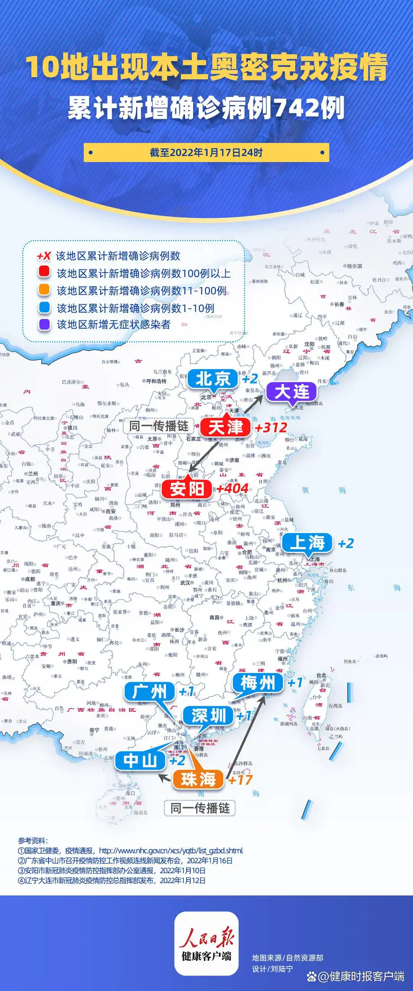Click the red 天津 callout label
pos(226,427)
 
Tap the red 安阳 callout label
pos(187,489)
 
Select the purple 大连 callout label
pos(292,392)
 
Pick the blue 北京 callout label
pos(213,379)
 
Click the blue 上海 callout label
pos(307,543)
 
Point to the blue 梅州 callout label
pos(257,683)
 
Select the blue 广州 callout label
pos(150,692)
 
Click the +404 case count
pos(232,488)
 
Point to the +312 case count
pos(271,427)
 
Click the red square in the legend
pos(44,273)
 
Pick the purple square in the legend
pos(44,324)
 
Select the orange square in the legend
pos(44,290)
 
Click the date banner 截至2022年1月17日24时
pos(206,153)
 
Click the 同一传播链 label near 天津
pos(159,426)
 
